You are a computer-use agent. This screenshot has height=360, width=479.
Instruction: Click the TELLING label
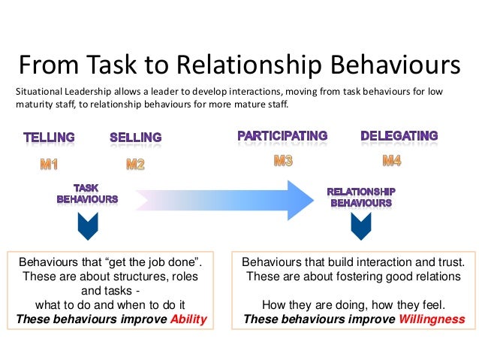pyautogui.click(x=49, y=138)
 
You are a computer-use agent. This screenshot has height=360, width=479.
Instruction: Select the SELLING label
pyautogui.click(x=135, y=138)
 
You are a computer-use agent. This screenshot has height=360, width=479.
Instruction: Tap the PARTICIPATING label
pyautogui.click(x=282, y=136)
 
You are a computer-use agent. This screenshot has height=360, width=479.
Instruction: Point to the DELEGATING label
pyautogui.click(x=399, y=136)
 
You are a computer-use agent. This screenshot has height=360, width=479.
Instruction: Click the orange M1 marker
pyautogui.click(x=49, y=164)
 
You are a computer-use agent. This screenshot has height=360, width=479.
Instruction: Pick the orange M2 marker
pyautogui.click(x=135, y=164)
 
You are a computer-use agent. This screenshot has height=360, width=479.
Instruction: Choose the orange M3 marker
pyautogui.click(x=283, y=159)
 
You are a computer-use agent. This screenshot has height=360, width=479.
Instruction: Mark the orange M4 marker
pyautogui.click(x=392, y=159)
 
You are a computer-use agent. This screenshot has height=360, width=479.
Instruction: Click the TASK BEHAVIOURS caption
pyautogui.click(x=87, y=194)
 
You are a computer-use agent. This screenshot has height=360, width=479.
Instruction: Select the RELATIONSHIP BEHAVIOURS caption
pyautogui.click(x=360, y=197)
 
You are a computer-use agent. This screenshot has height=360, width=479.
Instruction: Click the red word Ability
pyautogui.click(x=188, y=318)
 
